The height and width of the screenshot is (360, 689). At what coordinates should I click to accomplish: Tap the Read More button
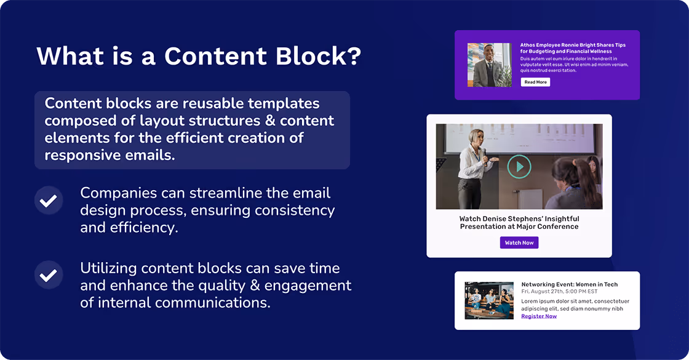[x=535, y=82]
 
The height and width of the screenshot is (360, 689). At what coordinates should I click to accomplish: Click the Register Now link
[x=539, y=316]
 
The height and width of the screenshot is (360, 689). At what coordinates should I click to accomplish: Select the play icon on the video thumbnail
[x=519, y=167]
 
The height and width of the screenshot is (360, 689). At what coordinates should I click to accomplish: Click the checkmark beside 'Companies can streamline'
[x=49, y=201]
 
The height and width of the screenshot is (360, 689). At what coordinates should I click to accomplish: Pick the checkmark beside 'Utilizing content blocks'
[x=49, y=275]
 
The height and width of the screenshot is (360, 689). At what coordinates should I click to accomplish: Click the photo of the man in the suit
[x=489, y=65]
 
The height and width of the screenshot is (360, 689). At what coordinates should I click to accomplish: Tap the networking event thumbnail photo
[x=489, y=300]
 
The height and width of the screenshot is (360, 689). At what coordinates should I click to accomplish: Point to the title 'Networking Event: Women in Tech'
[x=570, y=284]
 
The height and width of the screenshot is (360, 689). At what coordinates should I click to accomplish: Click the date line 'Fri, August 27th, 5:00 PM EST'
[x=559, y=292]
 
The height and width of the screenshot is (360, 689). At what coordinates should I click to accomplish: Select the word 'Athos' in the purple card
[x=527, y=45]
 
